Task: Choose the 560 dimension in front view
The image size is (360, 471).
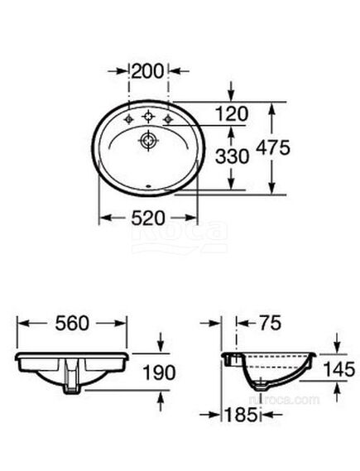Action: [70, 324]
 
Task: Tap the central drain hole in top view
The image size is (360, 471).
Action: [151, 141]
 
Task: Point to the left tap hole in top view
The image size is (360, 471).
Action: [130, 121]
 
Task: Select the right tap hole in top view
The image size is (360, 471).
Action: [170, 121]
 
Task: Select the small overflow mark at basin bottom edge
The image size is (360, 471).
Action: [150, 187]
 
